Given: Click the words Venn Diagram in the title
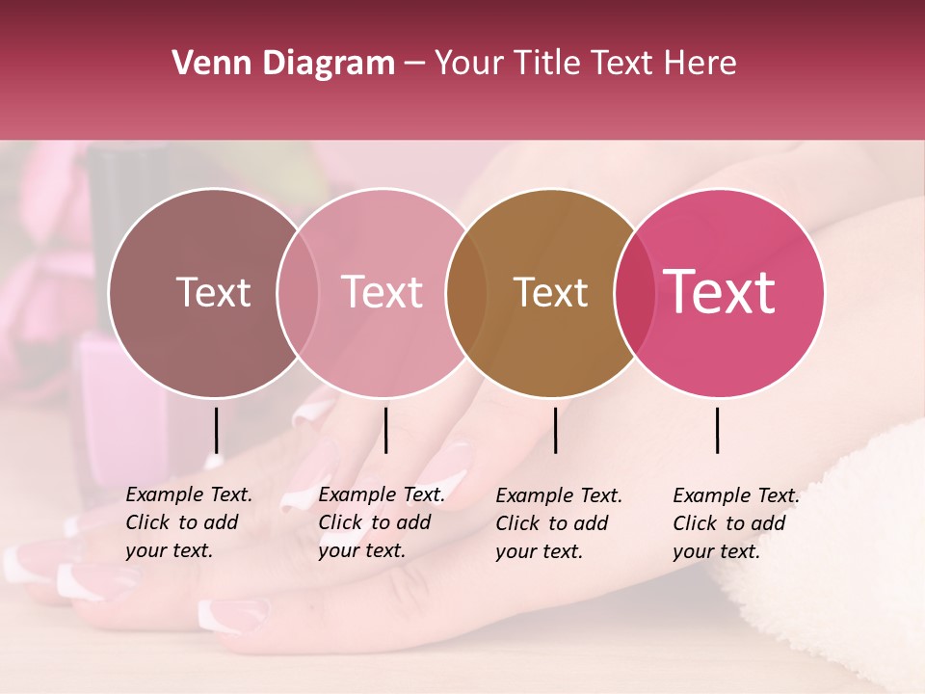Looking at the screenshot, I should tap(282, 64).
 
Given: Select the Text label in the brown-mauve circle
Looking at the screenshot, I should tap(213, 293).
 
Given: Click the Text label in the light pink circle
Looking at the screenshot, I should tap(382, 293).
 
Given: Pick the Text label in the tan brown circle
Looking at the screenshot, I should tap(550, 293).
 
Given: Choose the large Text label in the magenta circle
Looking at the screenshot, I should tap(720, 292).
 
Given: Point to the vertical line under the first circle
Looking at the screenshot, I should tap(216, 430).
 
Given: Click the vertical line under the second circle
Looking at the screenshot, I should tap(385, 430).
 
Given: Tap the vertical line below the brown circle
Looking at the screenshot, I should tap(555, 430).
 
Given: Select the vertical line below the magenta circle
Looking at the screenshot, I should tap(718, 430).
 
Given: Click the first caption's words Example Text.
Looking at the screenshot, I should tap(189, 494).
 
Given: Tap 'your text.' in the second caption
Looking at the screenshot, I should tap(361, 550).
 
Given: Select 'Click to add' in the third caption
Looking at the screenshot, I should tap(552, 523).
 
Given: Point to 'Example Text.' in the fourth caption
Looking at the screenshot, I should tap(736, 495).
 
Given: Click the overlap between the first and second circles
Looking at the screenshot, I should tap(298, 293).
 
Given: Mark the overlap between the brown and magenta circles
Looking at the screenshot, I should tap(632, 293).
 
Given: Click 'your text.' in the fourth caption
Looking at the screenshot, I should tap(716, 551).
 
